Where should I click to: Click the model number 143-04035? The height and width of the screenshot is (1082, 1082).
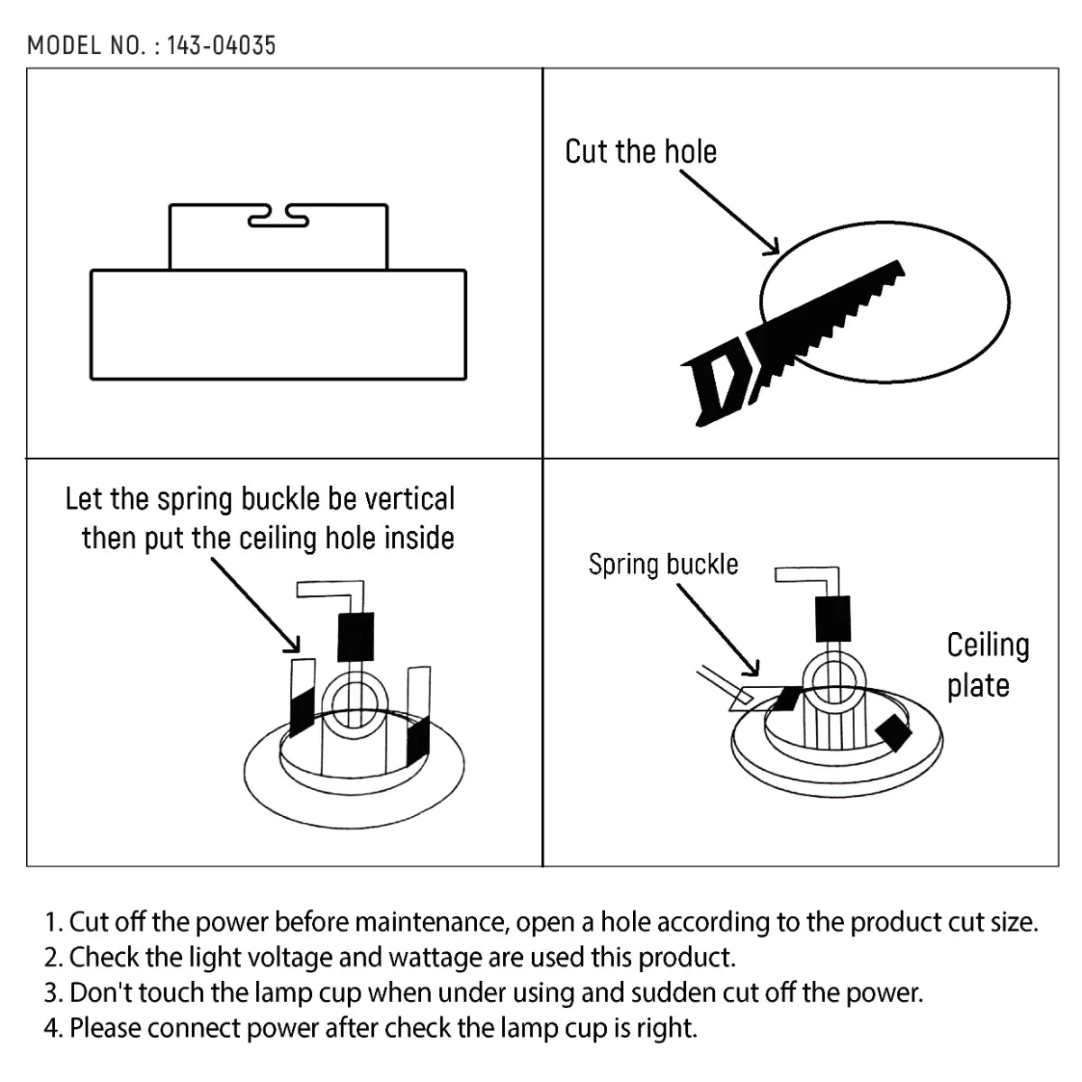coord(221,45)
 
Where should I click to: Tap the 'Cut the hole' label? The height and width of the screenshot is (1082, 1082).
coord(640,151)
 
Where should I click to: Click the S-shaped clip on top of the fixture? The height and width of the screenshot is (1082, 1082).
coord(278,216)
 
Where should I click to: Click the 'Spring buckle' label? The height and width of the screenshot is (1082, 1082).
coord(663,564)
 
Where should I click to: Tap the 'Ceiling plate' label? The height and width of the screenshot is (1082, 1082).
coord(987,665)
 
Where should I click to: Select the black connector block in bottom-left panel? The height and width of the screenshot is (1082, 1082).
coord(355,637)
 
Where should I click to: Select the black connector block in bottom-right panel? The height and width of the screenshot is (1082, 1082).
coord(831,619)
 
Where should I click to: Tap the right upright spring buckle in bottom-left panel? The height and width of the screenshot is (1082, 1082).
coord(419,717)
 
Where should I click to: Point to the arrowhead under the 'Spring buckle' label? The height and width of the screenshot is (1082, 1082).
coord(753,669)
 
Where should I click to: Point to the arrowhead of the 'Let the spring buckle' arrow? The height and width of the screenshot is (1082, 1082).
coord(293,645)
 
